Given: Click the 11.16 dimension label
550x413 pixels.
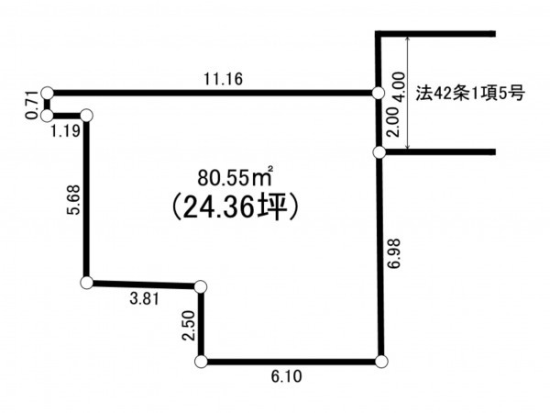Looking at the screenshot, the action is point(223,79).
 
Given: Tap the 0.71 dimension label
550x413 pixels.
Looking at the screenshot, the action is point(32,105).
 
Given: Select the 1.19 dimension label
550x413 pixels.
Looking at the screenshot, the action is point(66,131).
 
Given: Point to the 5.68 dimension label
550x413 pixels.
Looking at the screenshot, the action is point(75,200).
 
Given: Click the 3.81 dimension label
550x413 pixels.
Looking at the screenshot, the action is point(145,299).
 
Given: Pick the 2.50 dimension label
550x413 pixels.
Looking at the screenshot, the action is point(188,326).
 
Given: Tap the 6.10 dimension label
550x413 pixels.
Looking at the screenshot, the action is point(286,377).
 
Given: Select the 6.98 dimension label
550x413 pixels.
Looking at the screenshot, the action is point(394,253).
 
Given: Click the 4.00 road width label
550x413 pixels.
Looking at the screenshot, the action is point(399,87).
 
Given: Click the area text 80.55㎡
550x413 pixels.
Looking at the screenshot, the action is point(235,178).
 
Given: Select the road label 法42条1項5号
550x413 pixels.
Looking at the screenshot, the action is point(470,94).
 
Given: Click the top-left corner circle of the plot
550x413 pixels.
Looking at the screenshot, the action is point(47,93).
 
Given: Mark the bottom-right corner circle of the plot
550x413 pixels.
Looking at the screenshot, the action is point(381,362).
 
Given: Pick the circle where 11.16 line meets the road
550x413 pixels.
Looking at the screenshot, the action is point(378,94).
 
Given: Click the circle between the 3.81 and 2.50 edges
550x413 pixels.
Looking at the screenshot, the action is point(201,287).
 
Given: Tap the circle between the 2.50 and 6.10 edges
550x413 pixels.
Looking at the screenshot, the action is point(201,362).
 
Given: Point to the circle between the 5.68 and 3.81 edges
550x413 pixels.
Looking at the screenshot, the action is point(87,283).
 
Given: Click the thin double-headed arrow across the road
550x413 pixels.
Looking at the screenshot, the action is point(408,93).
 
